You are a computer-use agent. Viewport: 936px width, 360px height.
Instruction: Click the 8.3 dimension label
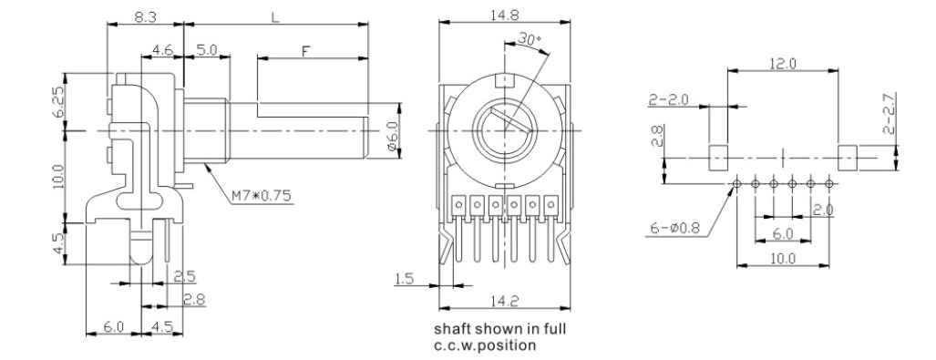click(x=145, y=17)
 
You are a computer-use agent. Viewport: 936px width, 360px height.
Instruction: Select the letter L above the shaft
click(x=275, y=17)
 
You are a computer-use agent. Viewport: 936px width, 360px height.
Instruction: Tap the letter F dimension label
click(x=305, y=51)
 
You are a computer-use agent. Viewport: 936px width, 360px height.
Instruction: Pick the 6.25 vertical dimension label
click(x=60, y=103)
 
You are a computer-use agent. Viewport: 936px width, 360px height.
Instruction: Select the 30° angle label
click(x=529, y=39)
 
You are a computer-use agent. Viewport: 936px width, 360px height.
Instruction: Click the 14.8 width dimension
click(x=504, y=15)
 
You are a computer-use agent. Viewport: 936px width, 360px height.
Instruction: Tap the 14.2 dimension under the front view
click(x=504, y=302)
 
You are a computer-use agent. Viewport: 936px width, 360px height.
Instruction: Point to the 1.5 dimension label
click(x=404, y=278)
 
